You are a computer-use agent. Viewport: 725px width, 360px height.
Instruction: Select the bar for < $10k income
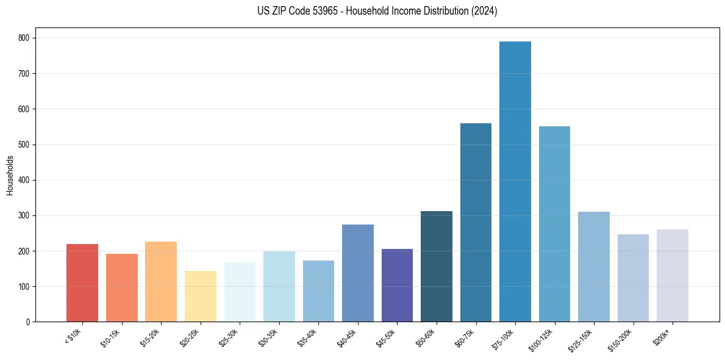tap(82, 283)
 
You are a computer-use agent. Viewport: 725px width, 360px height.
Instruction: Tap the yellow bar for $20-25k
tap(201, 297)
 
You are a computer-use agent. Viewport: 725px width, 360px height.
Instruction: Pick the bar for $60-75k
tap(476, 223)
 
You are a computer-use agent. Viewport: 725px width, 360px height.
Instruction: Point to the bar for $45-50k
tap(397, 286)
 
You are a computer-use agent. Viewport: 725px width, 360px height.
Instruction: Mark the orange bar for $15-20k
tap(161, 282)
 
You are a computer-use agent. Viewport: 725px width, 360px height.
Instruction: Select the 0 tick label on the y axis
tap(29, 322)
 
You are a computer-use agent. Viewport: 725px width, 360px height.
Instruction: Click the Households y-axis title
tap(10, 175)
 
